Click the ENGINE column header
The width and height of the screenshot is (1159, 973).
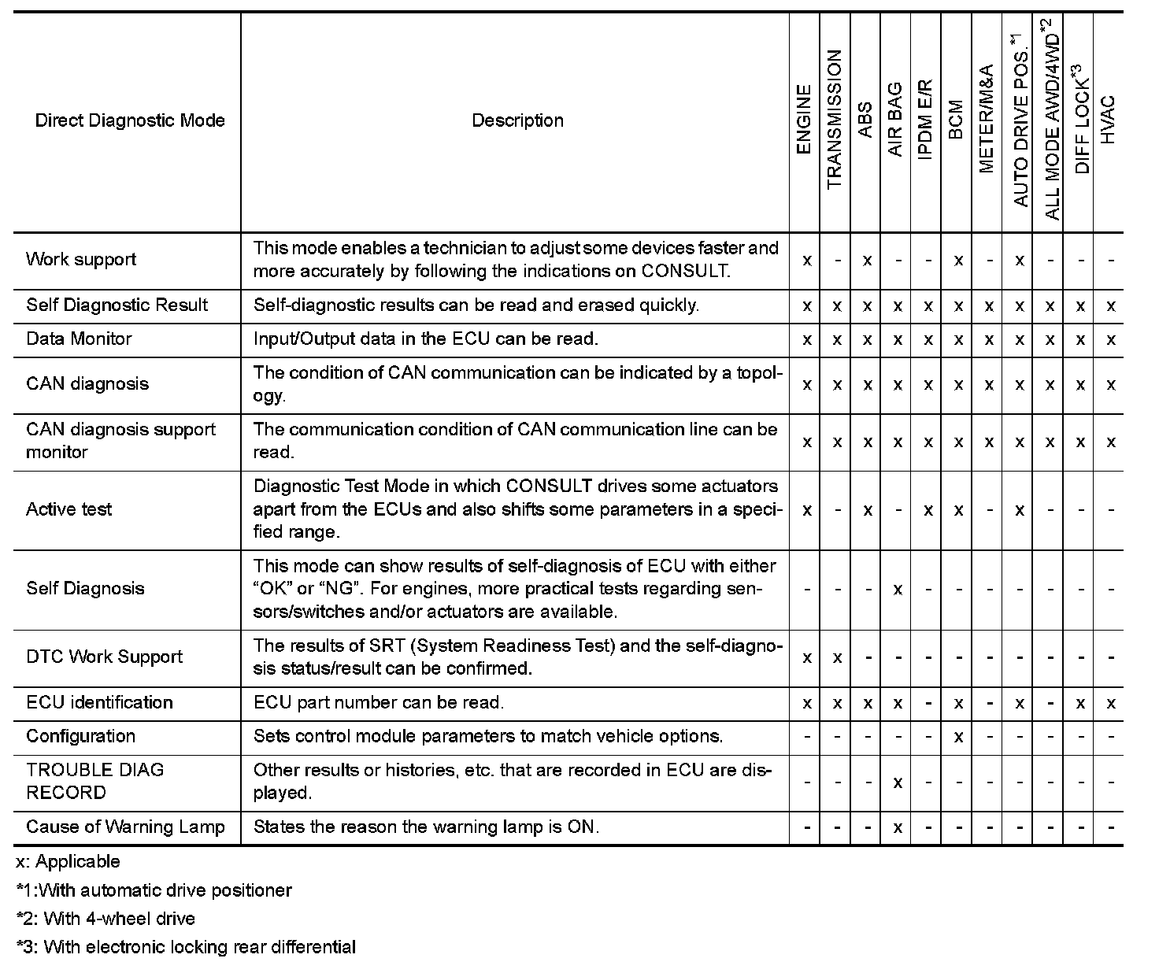point(804,120)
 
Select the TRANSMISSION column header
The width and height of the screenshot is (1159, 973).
point(835,120)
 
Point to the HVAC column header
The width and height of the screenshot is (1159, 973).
point(1108,120)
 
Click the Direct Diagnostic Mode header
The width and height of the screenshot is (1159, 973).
point(130,120)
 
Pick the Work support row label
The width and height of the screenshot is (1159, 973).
point(81,260)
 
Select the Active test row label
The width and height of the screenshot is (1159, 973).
point(69,509)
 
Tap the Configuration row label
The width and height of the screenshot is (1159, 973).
point(81,737)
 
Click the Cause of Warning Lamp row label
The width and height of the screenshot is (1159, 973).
point(125,827)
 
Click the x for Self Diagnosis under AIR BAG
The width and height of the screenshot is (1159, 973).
point(898,590)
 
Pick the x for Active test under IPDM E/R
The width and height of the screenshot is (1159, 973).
point(928,510)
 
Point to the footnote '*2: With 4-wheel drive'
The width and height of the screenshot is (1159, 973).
point(106,919)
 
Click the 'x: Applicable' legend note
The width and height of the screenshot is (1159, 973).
point(69,862)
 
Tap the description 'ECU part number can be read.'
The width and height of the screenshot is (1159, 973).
point(379,703)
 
